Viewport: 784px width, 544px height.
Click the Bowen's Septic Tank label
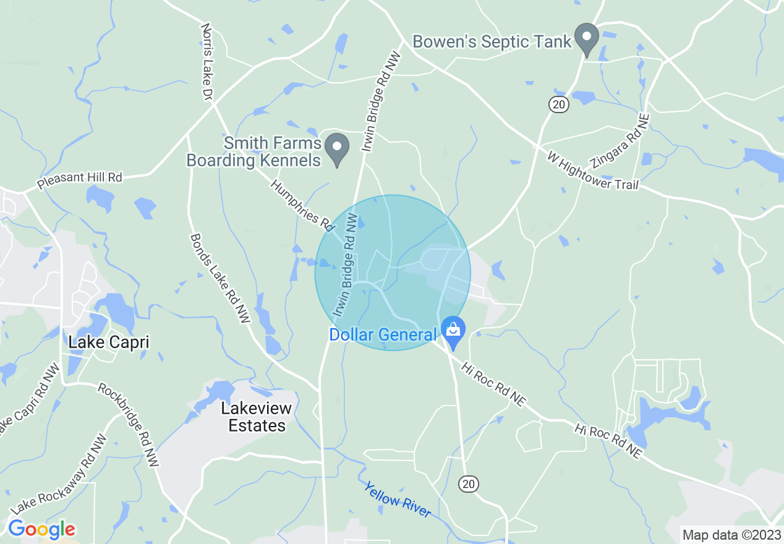click(x=492, y=42)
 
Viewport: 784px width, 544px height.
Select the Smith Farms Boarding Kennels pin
click(x=337, y=150)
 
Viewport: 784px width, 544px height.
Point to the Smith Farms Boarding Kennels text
click(x=255, y=152)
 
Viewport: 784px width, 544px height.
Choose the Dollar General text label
click(x=383, y=335)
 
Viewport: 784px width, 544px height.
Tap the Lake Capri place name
click(x=109, y=342)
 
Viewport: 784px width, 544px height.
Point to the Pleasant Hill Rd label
click(x=80, y=181)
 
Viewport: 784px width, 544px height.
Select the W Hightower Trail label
click(x=592, y=170)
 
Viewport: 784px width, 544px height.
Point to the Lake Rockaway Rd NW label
click(x=59, y=474)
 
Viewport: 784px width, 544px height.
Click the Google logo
click(x=41, y=530)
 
